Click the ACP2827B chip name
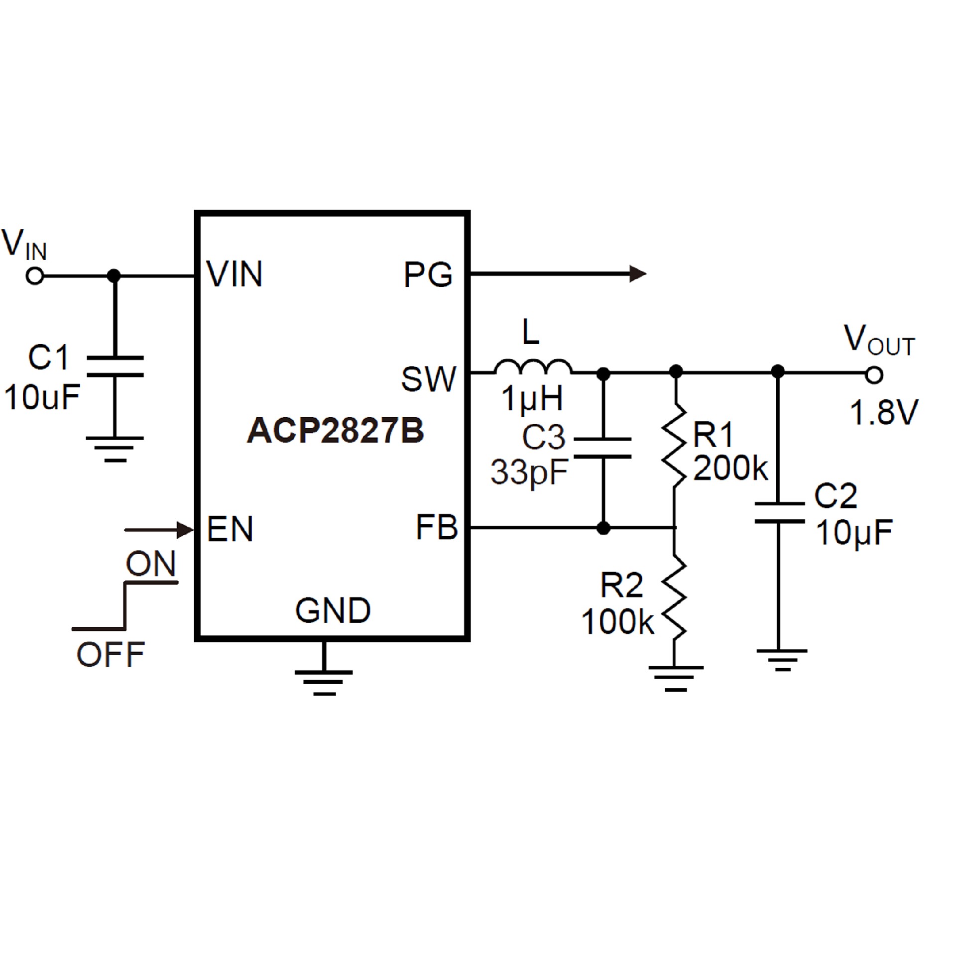click(x=336, y=430)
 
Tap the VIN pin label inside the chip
click(x=234, y=274)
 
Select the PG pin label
click(x=428, y=274)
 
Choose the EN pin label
click(x=230, y=529)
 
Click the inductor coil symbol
click(x=533, y=367)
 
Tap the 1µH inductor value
click(x=532, y=399)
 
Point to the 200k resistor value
click(x=730, y=469)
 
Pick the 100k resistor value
click(x=617, y=622)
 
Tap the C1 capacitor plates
click(x=115, y=366)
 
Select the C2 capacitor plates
click(x=779, y=513)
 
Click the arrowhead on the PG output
click(x=638, y=274)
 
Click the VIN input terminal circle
click(x=35, y=275)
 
